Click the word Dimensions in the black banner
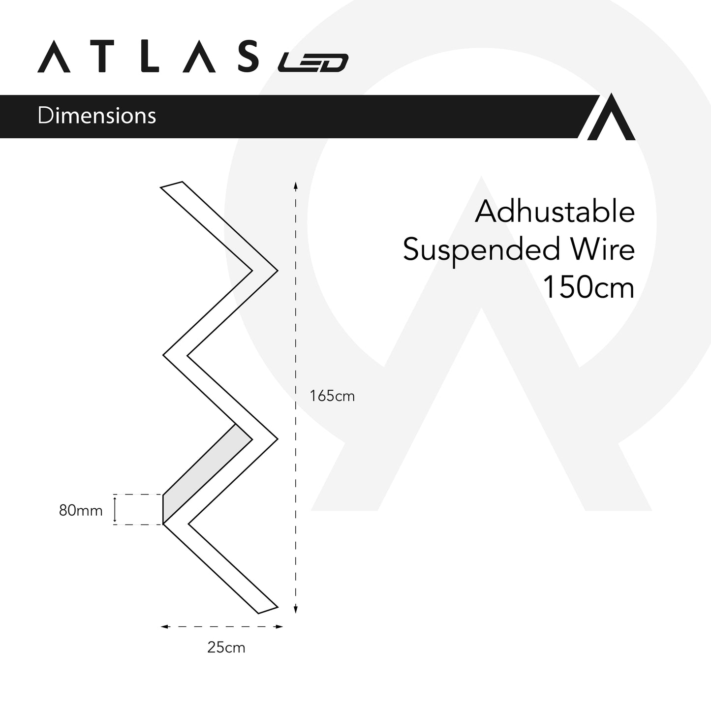pos(96,116)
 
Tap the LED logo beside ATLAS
pos(313,62)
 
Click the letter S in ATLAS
pos(245,57)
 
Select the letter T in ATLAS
pos(102,57)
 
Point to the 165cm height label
pos(332,396)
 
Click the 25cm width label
pos(226,648)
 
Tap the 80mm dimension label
pos(81,511)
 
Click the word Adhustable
pos(555,212)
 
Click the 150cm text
pos(588,287)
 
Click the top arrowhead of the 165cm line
pos(295,185)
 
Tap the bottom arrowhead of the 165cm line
pos(295,610)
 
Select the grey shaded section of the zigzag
pos(207,467)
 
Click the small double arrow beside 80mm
pos(115,509)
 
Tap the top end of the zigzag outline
pos(172,185)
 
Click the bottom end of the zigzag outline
pos(268,610)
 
